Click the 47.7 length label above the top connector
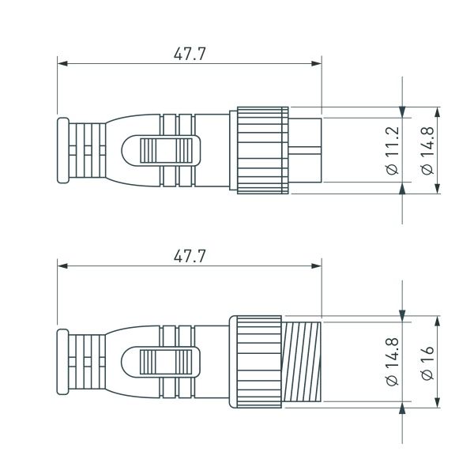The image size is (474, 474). [190, 54]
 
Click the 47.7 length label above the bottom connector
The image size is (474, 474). [190, 256]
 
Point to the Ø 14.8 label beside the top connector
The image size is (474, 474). [427, 150]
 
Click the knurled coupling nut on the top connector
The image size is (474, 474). [259, 149]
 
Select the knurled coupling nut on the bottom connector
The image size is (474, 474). [255, 363]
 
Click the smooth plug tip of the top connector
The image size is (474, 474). [307, 149]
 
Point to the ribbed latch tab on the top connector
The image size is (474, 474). [165, 150]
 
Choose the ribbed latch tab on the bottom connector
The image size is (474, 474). [165, 363]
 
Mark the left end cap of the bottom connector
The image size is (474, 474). [62, 363]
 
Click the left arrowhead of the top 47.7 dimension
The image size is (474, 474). [62, 63]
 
